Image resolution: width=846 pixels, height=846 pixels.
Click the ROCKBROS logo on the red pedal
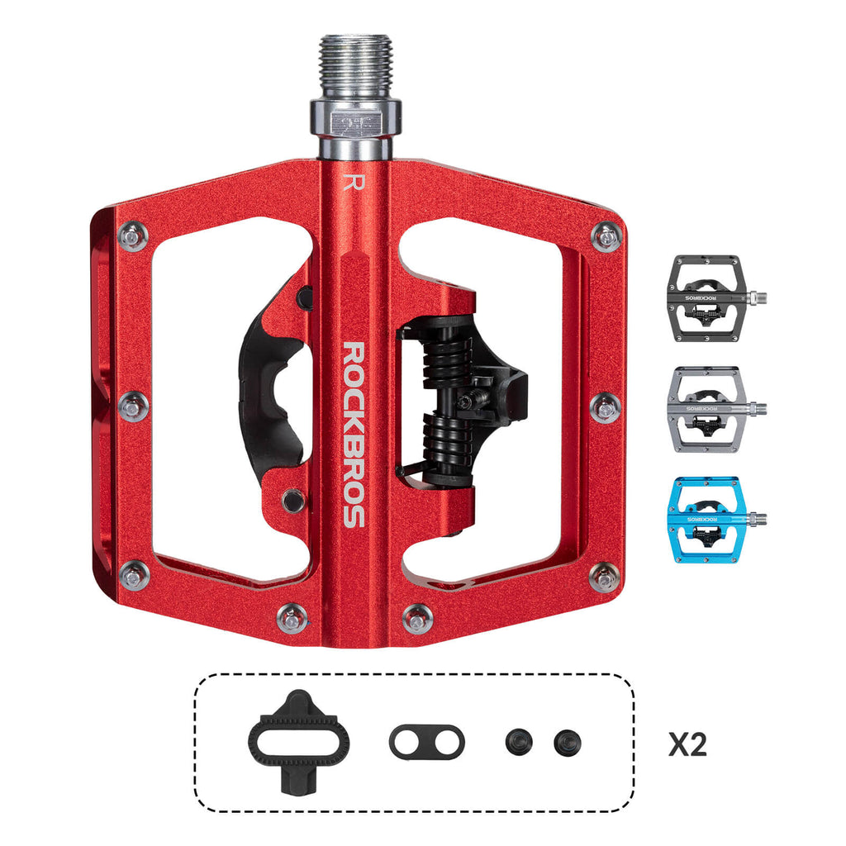353,435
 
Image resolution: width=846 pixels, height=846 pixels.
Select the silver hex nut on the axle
356,120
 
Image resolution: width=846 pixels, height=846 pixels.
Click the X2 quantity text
687,744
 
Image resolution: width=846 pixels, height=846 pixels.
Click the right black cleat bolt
568,740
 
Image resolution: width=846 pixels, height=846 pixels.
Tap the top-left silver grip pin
132,236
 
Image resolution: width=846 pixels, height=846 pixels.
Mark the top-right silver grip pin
607,236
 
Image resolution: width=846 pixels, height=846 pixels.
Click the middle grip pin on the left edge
134,406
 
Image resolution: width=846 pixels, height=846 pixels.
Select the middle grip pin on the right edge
606,406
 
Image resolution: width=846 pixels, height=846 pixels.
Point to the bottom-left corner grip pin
134,575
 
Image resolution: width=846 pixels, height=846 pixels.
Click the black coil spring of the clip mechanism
444,397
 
